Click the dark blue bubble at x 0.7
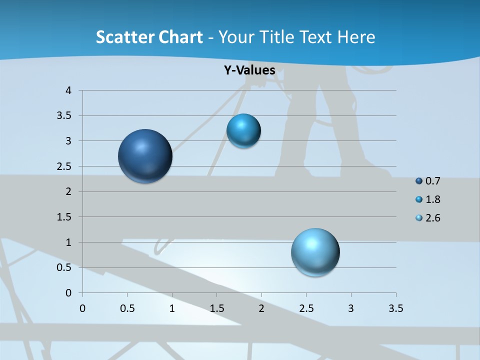click(145, 156)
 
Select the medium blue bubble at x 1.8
click(243, 131)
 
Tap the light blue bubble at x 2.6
click(315, 252)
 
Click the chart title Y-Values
click(249, 70)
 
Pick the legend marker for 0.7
click(419, 181)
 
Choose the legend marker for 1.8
click(419, 199)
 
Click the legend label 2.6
click(432, 218)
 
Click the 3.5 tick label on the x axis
click(395, 308)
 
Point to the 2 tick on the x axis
click(261, 308)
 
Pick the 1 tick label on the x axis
click(172, 308)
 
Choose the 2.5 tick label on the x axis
click(306, 308)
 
